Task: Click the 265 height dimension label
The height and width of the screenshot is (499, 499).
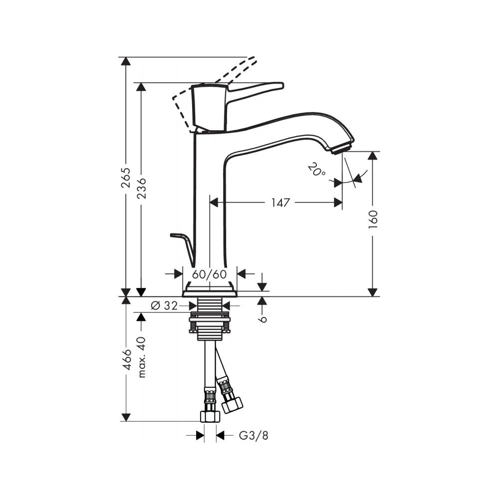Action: tap(126, 178)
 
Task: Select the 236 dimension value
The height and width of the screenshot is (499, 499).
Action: tap(141, 189)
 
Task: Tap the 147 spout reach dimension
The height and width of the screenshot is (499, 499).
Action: tap(280, 203)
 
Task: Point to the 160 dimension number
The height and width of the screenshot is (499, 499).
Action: tap(373, 219)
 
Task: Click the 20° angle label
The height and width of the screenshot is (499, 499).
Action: tap(317, 170)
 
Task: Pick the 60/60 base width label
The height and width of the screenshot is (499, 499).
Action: tap(209, 274)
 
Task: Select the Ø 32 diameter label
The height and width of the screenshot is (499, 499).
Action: tap(164, 305)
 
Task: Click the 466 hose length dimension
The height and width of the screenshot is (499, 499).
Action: tap(127, 359)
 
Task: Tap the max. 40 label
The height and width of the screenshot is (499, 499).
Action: tap(142, 357)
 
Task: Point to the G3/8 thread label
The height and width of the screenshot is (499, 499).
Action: tap(253, 435)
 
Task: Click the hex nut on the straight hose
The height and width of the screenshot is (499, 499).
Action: tap(210, 416)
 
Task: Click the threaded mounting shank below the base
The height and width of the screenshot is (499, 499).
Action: tap(210, 318)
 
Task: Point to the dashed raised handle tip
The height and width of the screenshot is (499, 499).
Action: tap(251, 61)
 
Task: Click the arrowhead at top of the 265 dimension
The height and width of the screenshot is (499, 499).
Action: tap(126, 61)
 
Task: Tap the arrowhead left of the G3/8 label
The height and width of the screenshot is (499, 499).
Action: tap(200, 435)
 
